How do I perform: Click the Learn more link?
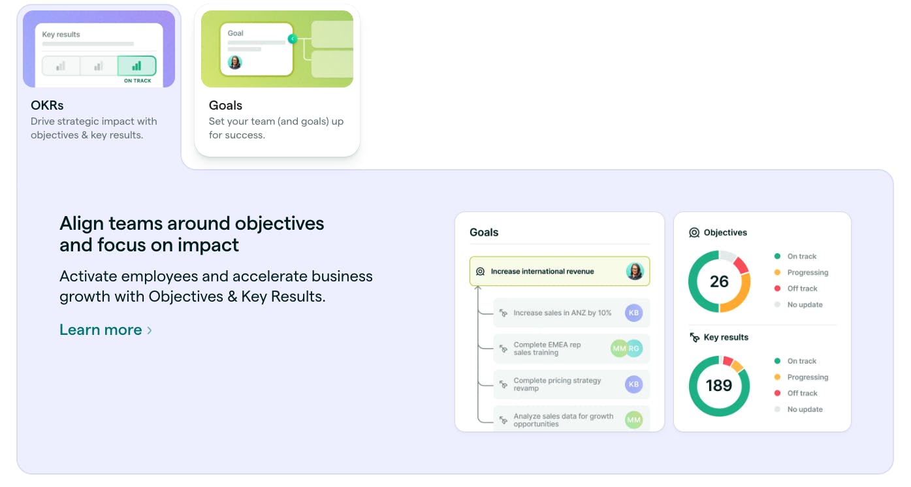(105, 330)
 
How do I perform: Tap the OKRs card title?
(47, 105)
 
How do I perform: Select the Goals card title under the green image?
(225, 105)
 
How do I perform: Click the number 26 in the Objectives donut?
(719, 281)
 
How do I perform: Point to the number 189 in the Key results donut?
(718, 385)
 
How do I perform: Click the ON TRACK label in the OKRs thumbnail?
(137, 81)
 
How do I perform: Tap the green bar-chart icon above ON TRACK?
(136, 65)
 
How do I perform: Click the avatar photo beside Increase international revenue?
(635, 271)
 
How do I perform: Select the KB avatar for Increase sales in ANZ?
(633, 313)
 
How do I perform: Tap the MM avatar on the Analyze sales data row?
(633, 420)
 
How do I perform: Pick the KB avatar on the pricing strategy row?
(633, 384)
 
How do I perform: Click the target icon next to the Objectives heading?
(694, 232)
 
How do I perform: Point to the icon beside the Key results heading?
(694, 338)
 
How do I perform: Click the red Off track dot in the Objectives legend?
(777, 288)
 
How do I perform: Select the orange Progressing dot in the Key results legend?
(777, 377)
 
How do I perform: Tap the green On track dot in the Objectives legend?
(777, 256)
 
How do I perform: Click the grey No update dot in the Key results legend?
(777, 409)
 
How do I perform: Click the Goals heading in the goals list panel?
(484, 232)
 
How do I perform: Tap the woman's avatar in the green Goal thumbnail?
(234, 62)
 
